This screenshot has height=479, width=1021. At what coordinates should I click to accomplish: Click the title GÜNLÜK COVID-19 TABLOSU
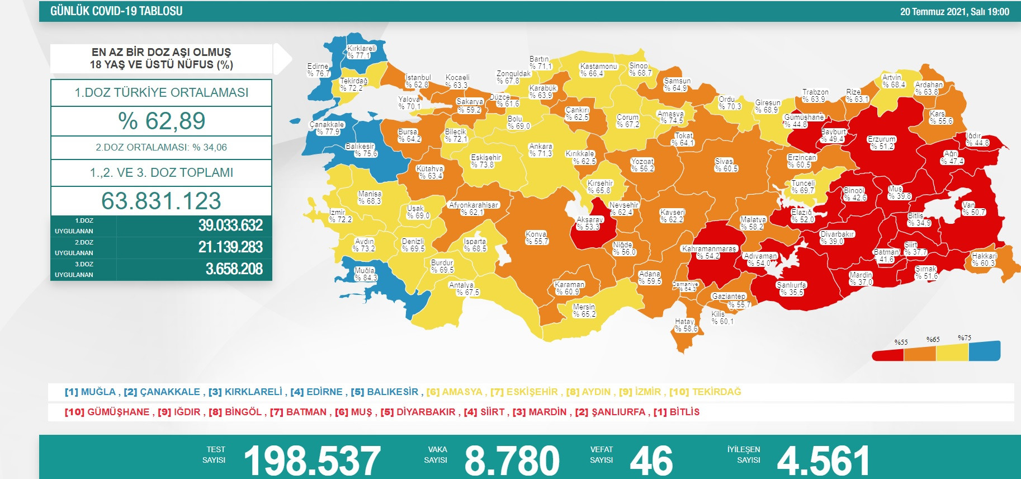[116, 11]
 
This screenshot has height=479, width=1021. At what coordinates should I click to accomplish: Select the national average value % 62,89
[161, 121]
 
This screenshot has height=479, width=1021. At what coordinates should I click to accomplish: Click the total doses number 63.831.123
[161, 201]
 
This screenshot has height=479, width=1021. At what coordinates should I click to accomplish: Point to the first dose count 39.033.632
[230, 226]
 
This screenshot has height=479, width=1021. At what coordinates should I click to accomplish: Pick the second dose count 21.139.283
[230, 247]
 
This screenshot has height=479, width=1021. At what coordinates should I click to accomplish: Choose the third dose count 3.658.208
[234, 269]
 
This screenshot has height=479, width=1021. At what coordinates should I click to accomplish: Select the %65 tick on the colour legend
[933, 340]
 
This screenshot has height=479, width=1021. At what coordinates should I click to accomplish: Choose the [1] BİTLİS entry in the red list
[677, 412]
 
